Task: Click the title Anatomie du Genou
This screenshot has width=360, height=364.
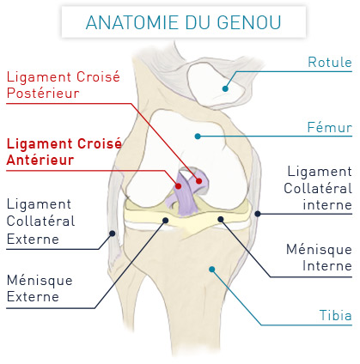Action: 183,22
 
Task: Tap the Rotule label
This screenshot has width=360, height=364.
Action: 330,62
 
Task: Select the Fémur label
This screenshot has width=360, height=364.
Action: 329,127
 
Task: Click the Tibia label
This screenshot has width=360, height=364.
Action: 336,315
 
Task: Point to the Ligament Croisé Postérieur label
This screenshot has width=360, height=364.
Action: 63,85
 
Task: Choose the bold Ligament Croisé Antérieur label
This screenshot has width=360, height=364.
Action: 64,152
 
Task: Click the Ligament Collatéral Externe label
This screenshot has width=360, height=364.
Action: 40,221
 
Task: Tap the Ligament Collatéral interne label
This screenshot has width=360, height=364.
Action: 318,188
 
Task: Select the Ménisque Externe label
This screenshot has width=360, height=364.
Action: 40,288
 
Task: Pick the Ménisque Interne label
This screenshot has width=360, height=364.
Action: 319,258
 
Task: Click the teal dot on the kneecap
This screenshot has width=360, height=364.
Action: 225,88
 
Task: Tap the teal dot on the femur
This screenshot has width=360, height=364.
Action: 198,136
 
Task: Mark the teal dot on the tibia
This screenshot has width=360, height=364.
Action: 212,270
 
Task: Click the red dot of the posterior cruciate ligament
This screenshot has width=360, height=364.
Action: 199,181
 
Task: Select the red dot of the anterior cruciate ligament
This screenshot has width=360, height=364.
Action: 179,186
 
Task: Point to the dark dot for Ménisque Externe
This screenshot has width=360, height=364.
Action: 166,220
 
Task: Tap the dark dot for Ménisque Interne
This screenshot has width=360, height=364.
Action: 221,219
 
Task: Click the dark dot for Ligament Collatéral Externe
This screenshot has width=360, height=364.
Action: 113,234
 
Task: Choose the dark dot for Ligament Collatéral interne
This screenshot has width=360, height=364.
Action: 258,214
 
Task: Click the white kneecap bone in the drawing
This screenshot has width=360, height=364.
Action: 214,83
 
